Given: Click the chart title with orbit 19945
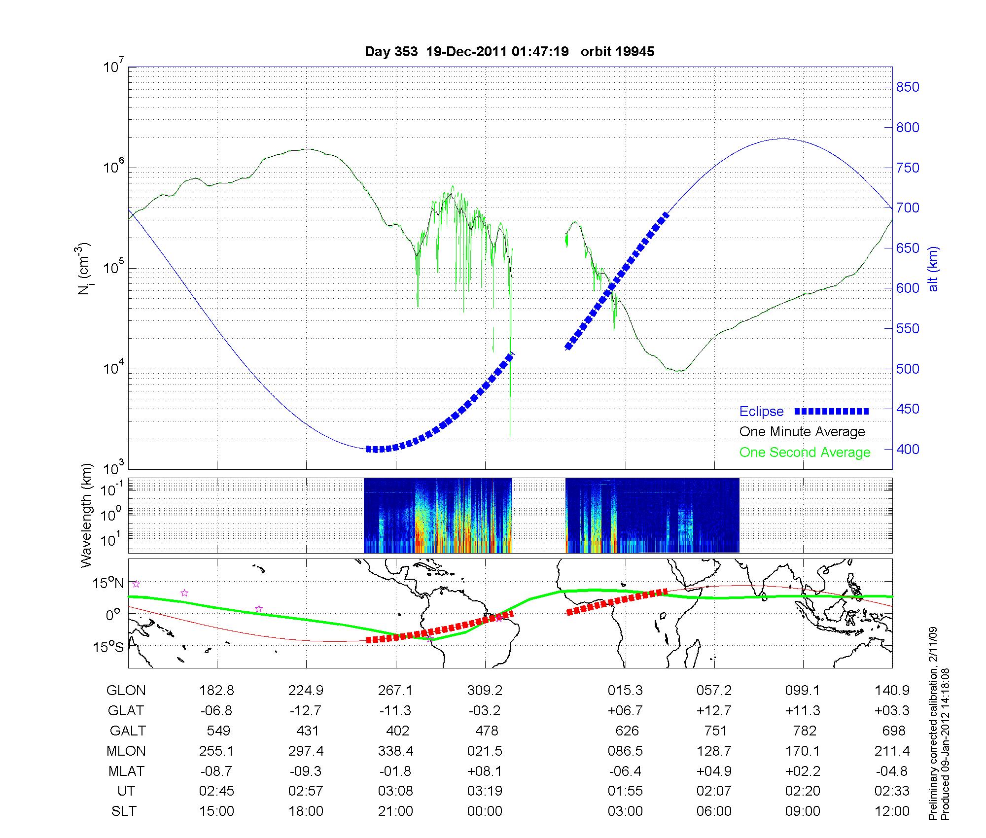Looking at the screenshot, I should [x=509, y=52].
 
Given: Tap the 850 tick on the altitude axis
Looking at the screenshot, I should [x=908, y=87].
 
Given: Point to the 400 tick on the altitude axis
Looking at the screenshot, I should [x=908, y=449].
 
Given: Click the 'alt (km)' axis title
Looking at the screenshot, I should [x=933, y=269].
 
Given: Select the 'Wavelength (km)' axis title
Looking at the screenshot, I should [x=87, y=515].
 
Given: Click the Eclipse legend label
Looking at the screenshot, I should [x=761, y=412].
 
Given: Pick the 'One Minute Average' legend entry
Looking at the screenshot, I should [x=802, y=432].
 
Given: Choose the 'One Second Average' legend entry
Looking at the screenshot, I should [x=805, y=453].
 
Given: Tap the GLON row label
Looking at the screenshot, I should [x=126, y=691].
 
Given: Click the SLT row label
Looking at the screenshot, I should [x=124, y=811].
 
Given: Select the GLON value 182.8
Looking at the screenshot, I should [x=216, y=691].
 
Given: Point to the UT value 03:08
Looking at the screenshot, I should [x=395, y=791].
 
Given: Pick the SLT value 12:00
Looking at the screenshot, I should [x=892, y=811].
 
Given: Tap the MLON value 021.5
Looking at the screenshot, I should [x=485, y=751].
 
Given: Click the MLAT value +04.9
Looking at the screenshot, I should [x=714, y=771].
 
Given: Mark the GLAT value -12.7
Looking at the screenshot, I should [x=306, y=711].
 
